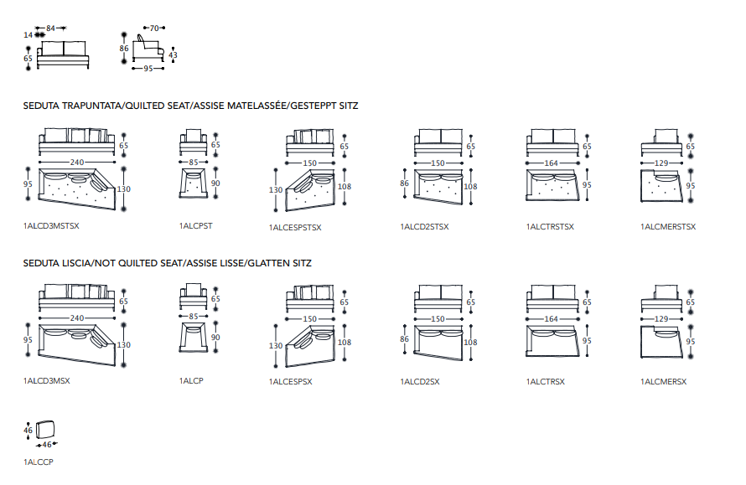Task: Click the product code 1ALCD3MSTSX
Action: pyautogui.click(x=51, y=226)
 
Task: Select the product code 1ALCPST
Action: pyautogui.click(x=195, y=226)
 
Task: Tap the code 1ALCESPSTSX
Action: pyautogui.click(x=295, y=227)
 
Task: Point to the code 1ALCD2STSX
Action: pyautogui.click(x=425, y=226)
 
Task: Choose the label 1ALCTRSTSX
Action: pyautogui.click(x=551, y=226)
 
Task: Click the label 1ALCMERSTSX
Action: pyautogui.click(x=668, y=226)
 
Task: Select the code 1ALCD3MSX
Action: pyautogui.click(x=47, y=381)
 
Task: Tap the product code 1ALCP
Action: pyautogui.click(x=191, y=381)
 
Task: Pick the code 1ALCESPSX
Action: pyautogui.click(x=290, y=382)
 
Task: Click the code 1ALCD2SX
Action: pyautogui.click(x=420, y=381)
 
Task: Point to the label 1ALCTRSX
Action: pyautogui.click(x=546, y=381)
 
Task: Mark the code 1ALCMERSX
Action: pyautogui.click(x=664, y=381)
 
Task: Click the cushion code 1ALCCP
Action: pyautogui.click(x=39, y=461)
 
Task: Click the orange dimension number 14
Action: pyautogui.click(x=28, y=34)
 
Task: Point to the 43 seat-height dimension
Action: pyautogui.click(x=174, y=55)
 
